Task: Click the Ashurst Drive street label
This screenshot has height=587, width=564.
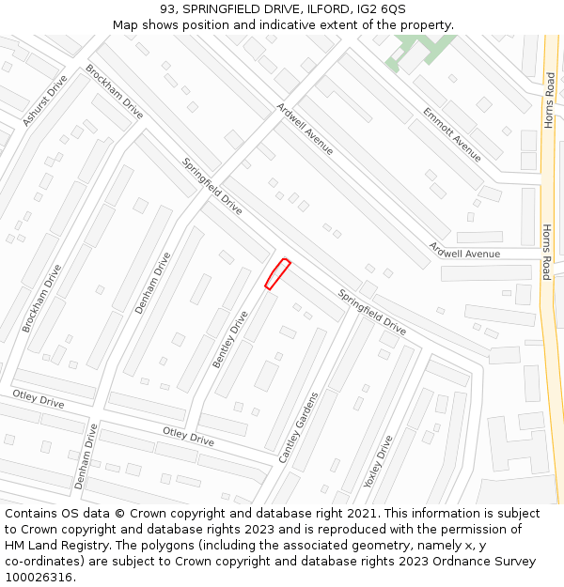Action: click(x=45, y=100)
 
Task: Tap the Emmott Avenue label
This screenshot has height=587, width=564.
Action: click(x=451, y=133)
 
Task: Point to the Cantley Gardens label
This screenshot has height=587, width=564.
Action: click(x=298, y=427)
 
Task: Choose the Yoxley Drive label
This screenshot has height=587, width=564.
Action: click(x=378, y=461)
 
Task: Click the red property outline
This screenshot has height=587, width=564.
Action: click(x=276, y=273)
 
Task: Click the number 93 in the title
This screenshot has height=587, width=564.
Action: click(x=168, y=9)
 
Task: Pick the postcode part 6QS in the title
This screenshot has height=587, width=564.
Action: click(x=391, y=9)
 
